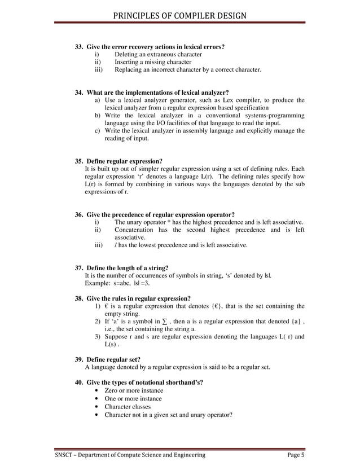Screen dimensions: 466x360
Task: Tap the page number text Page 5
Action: (x=295, y=455)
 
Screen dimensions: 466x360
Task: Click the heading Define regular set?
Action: (x=113, y=359)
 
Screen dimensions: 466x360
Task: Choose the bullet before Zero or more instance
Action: (x=99, y=390)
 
